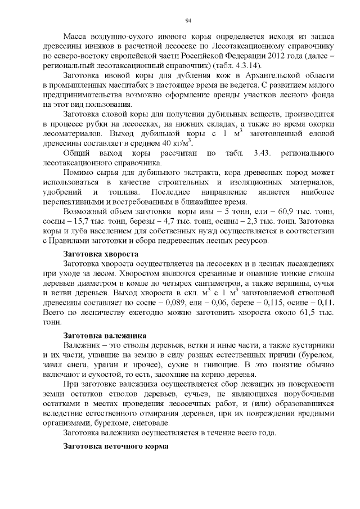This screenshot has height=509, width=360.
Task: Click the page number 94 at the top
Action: tap(181, 21)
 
